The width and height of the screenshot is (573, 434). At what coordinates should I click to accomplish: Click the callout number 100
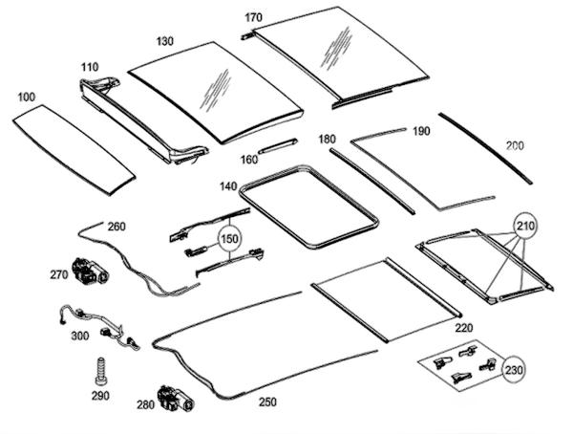pos(26,98)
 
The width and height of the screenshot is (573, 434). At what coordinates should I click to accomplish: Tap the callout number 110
pos(90,68)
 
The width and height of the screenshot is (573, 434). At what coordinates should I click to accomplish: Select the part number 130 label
pos(164,41)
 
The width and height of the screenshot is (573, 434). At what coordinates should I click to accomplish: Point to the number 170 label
pos(253,18)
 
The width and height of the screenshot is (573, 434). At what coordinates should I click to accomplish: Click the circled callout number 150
pos(228,237)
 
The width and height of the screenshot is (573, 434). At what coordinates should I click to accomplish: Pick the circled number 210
pos(525,226)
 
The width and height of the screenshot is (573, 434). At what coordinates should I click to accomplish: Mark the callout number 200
pos(515,145)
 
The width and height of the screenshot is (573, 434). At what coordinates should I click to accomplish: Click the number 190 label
pos(421,130)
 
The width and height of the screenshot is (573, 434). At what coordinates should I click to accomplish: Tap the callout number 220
pos(463,327)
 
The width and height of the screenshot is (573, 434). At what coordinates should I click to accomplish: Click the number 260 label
pos(116,227)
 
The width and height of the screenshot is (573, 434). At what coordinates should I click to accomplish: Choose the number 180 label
pos(327,140)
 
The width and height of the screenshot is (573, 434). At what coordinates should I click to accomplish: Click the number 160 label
pos(248,159)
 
